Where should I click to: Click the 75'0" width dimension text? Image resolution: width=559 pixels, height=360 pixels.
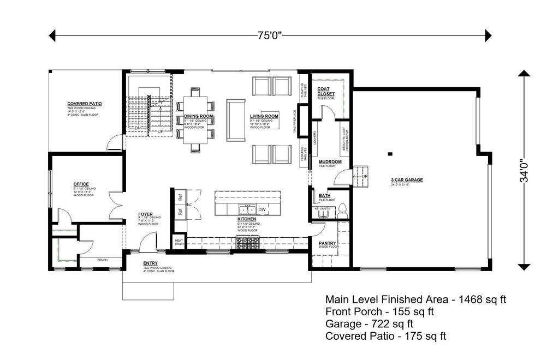click(x=270, y=36)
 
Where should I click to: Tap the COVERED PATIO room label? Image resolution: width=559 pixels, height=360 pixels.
click(x=85, y=104)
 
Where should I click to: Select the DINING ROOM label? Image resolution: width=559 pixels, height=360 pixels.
click(x=198, y=117)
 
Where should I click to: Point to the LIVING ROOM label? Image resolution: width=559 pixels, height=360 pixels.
click(x=264, y=117)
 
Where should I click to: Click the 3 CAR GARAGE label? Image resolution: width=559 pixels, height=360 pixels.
click(x=407, y=179)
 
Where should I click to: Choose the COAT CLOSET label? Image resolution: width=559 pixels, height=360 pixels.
click(x=326, y=91)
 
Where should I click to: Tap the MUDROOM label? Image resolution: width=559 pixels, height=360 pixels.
click(x=330, y=162)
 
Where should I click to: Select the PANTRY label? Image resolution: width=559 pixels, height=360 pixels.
click(x=328, y=243)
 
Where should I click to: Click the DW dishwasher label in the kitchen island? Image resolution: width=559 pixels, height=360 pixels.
click(x=262, y=209)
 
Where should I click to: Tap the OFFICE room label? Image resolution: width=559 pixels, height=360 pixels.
click(x=81, y=184)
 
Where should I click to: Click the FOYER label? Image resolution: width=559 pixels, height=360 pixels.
click(x=145, y=214)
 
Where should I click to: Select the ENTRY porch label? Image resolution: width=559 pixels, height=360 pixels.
click(x=151, y=263)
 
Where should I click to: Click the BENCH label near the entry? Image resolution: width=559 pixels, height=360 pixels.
click(x=102, y=260)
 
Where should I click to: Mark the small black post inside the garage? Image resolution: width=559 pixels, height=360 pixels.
click(x=390, y=154)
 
